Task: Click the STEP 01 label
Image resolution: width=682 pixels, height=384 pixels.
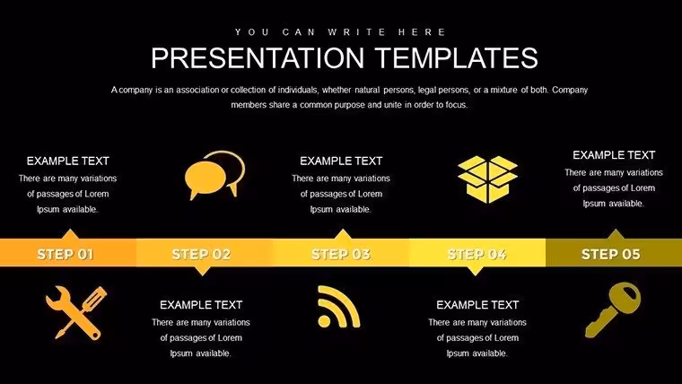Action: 66,254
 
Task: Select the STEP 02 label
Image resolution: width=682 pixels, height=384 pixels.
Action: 201,254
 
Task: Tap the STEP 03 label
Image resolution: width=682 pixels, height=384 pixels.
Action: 341,254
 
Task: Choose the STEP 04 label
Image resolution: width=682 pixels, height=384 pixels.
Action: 477,254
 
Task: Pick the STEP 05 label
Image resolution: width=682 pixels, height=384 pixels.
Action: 611,254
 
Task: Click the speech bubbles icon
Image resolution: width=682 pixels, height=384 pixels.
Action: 214,175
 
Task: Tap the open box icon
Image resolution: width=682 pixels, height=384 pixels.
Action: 487,179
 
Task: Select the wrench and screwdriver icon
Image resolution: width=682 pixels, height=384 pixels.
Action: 76,312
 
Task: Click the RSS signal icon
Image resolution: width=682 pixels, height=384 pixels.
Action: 339,307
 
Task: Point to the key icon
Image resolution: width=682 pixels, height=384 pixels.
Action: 613,310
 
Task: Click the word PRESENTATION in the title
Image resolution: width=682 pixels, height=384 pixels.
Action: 258,57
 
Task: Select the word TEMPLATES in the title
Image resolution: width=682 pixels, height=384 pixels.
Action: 456,57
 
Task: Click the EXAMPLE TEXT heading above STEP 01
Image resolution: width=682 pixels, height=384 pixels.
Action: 68,161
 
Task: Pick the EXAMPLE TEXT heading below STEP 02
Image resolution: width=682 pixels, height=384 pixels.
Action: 201,305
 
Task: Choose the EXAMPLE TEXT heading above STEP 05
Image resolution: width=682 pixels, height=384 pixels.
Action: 614,155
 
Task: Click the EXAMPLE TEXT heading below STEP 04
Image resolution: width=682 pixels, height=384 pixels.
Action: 477,305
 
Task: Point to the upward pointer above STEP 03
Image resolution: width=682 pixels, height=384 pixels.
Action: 343,234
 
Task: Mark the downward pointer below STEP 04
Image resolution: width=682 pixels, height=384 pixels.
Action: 476,270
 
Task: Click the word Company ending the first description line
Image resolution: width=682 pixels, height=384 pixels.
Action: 570,91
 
